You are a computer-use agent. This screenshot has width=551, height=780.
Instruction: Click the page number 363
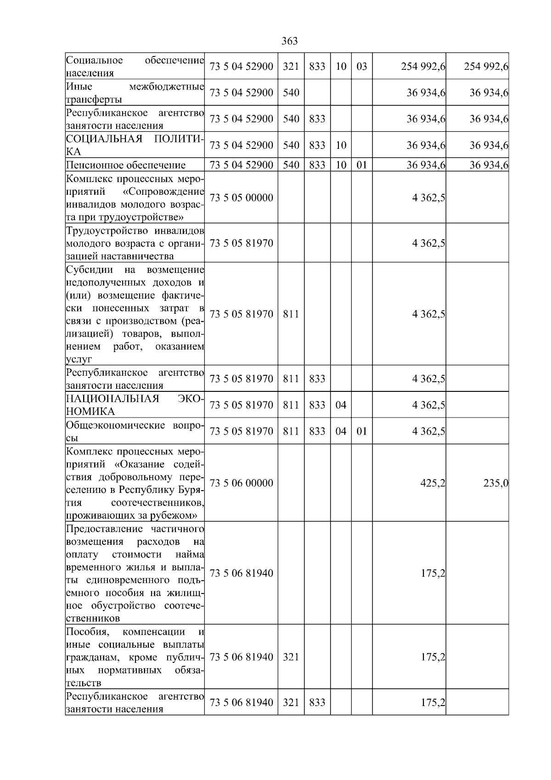[x=289, y=41]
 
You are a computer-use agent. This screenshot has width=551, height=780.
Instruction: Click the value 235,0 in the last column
[x=495, y=483]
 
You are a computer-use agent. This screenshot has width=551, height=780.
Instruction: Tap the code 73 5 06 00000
[x=241, y=483]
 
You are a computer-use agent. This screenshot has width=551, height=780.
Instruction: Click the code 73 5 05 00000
[x=241, y=198]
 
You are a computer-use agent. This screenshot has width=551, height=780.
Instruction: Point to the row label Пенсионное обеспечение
[x=126, y=165]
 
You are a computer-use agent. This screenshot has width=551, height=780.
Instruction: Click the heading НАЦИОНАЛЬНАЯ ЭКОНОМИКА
[x=135, y=405]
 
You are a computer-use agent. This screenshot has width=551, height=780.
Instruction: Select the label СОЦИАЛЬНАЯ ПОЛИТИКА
[x=135, y=145]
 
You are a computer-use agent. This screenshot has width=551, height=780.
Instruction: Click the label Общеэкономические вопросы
[x=135, y=431]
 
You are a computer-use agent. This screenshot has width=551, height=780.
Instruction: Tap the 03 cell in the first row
[x=362, y=67]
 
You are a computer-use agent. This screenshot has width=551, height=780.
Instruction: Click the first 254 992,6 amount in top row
[x=423, y=67]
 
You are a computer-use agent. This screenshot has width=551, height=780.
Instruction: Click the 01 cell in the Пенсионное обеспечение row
[x=362, y=165]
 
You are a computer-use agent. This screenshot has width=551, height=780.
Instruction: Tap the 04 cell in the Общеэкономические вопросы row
[x=341, y=431]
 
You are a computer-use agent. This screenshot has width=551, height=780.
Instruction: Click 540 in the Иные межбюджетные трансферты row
[x=291, y=93]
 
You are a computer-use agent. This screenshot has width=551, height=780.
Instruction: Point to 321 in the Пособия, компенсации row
[x=291, y=657]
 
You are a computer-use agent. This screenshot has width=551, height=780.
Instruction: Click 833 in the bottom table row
[x=317, y=703]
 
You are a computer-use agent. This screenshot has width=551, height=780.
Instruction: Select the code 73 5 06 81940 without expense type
[x=241, y=573]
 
